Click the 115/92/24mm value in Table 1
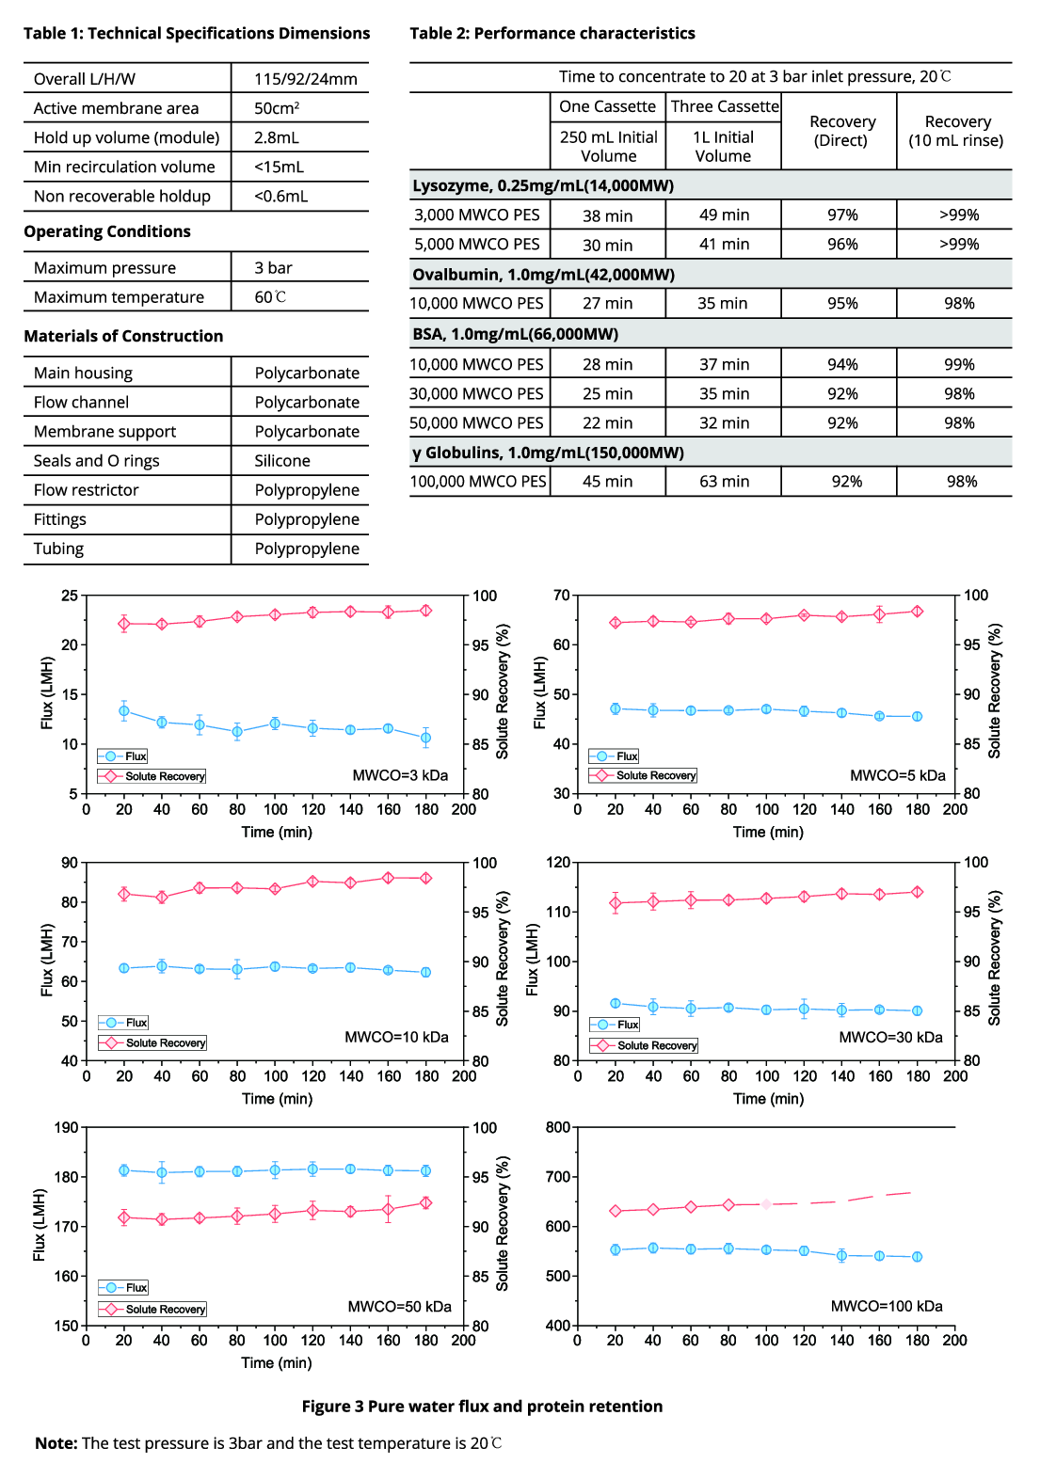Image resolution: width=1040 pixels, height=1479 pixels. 305,79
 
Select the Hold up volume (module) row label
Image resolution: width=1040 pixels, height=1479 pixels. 126,137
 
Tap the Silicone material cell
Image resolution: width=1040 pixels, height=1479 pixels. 281,461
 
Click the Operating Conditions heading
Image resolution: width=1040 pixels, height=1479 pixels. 107,231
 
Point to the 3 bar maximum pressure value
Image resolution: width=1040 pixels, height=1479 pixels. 273,268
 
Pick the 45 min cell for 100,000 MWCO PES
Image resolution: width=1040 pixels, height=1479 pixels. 607,482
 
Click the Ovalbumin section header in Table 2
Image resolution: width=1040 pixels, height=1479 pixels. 543,275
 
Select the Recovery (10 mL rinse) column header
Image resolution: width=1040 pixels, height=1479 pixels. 956,131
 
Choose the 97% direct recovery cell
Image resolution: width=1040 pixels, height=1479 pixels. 842,215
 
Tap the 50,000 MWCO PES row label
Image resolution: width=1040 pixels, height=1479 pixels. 476,423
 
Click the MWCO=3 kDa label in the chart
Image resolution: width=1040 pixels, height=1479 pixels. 400,776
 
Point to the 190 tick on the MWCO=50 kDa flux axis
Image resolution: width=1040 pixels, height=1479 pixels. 67,1127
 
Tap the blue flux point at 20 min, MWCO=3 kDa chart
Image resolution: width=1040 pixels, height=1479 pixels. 123,711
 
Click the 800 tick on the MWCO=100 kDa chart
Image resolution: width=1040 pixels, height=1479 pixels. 558,1127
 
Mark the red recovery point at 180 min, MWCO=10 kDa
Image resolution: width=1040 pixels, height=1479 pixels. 426,878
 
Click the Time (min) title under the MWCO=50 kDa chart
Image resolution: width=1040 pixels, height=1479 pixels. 276,1363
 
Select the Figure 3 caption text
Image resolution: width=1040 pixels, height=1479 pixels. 482,1407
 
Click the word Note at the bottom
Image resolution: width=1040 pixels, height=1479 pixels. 56,1443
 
